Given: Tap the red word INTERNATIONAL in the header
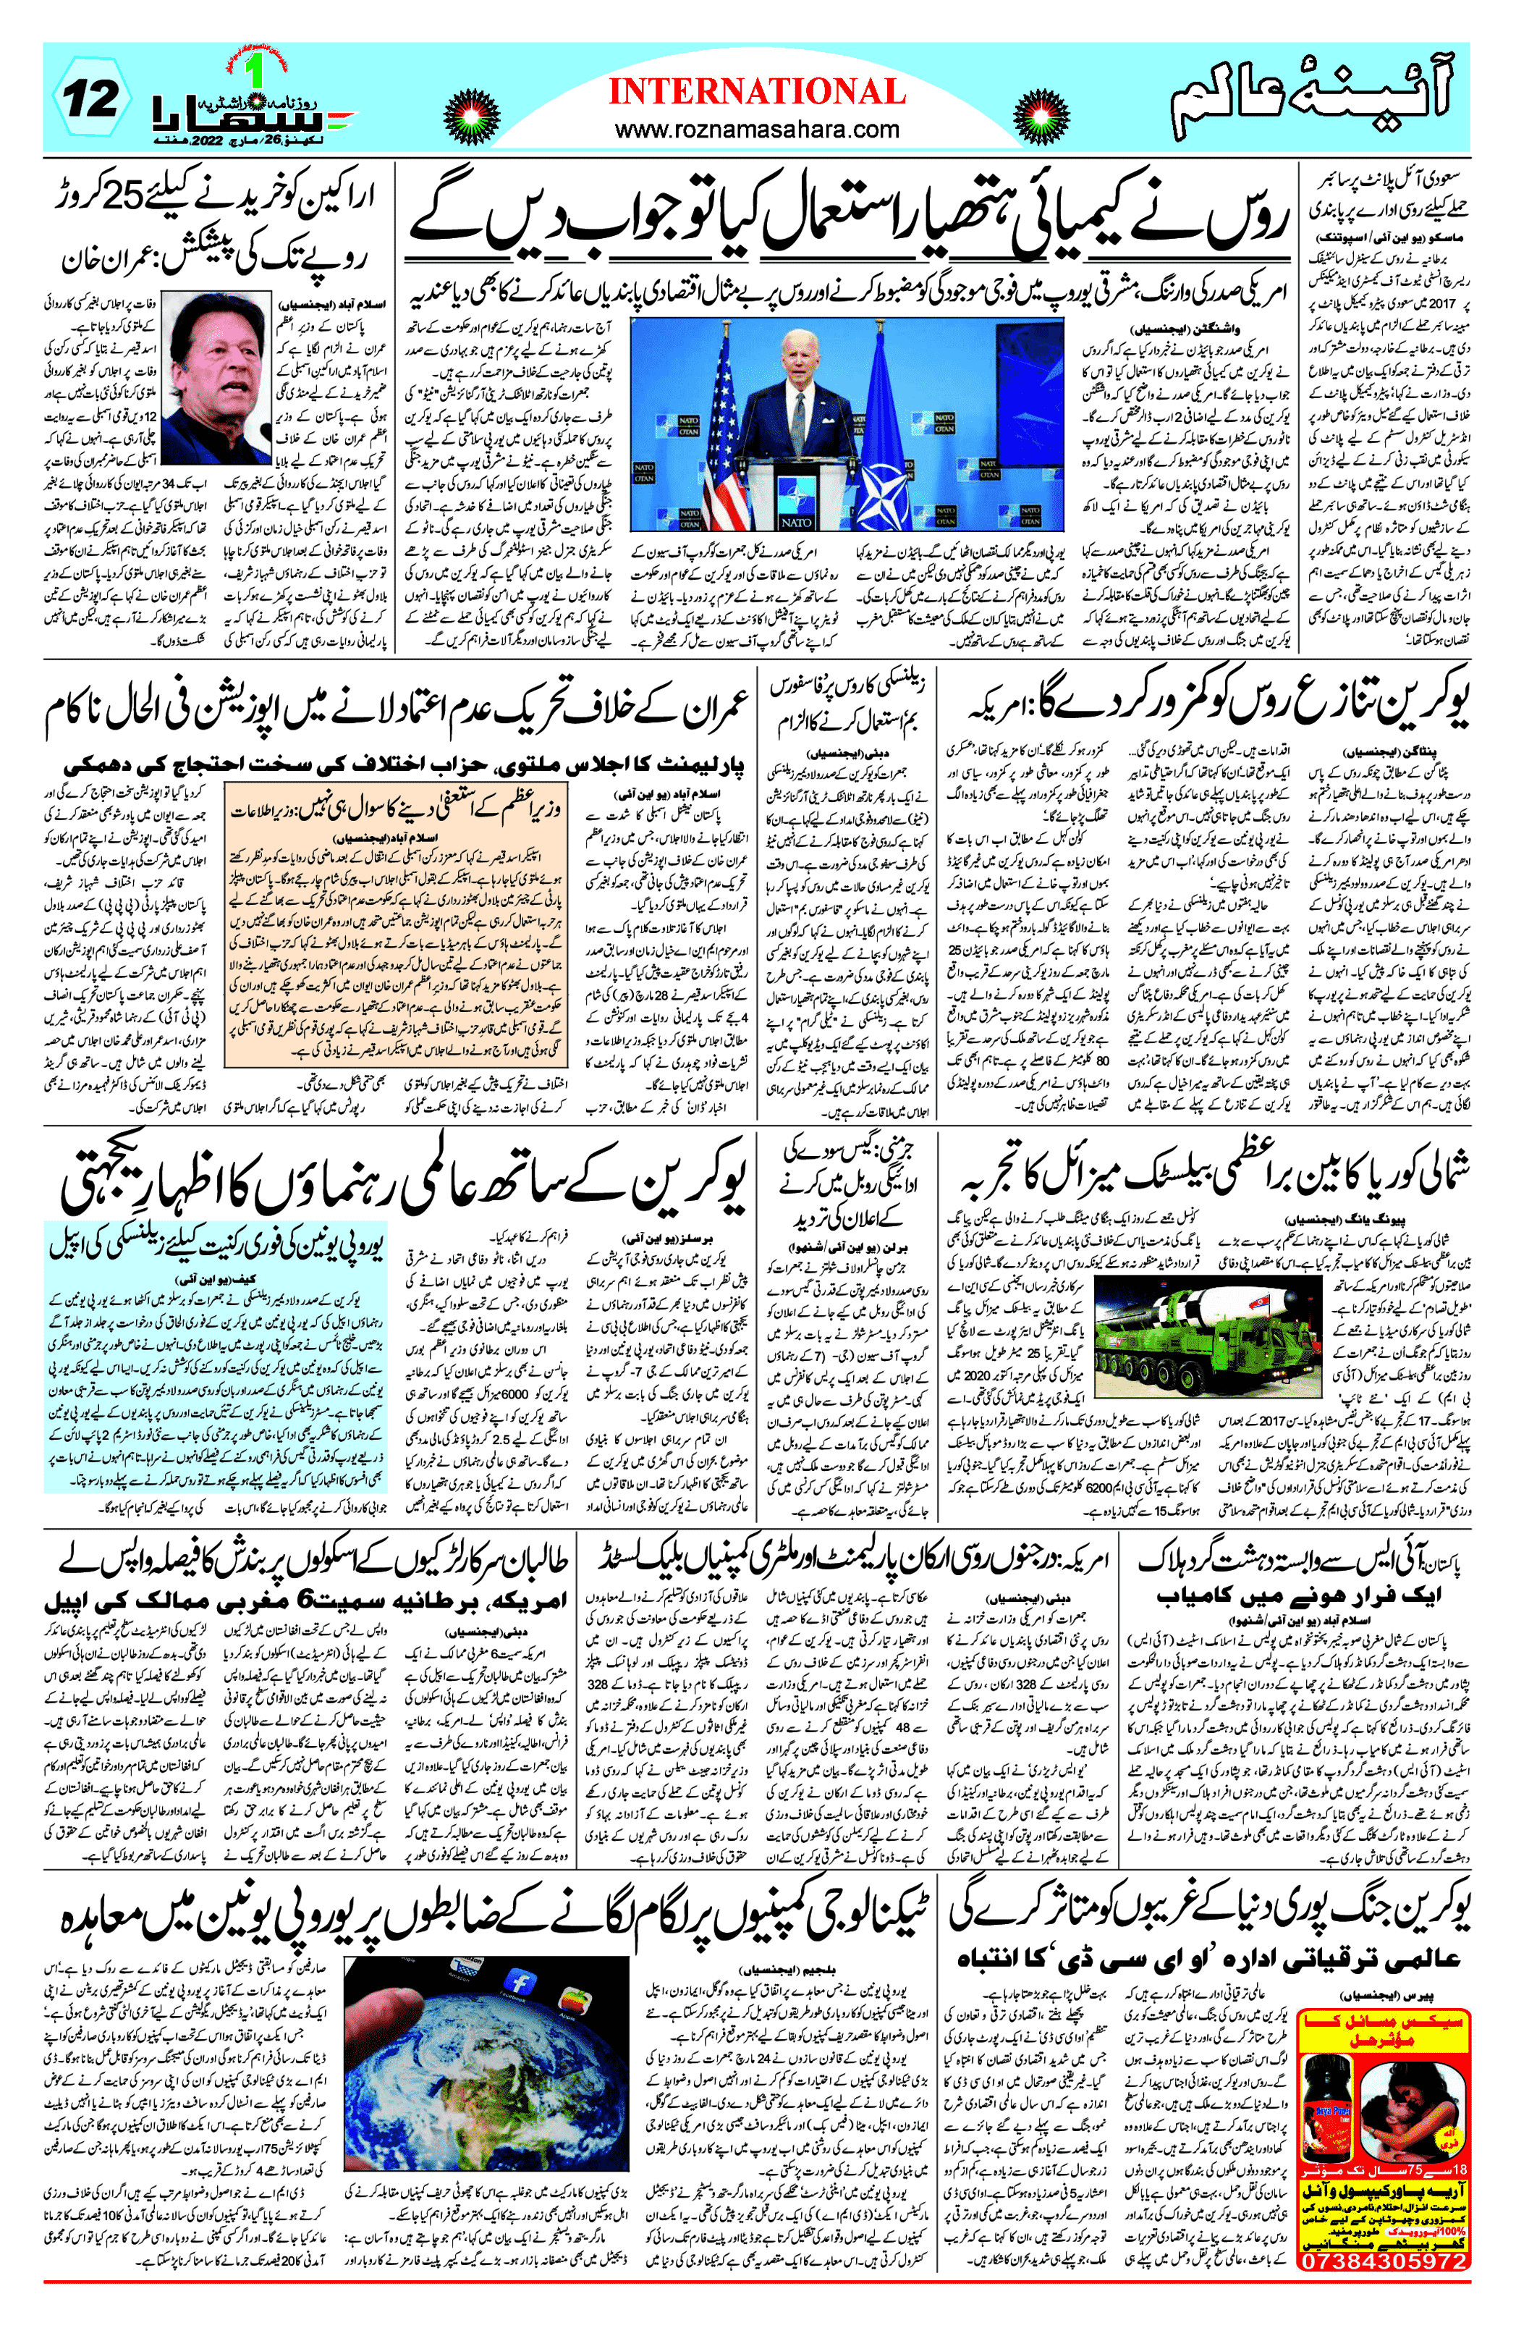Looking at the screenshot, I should (756, 92).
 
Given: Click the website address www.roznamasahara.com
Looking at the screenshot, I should (756, 129).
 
